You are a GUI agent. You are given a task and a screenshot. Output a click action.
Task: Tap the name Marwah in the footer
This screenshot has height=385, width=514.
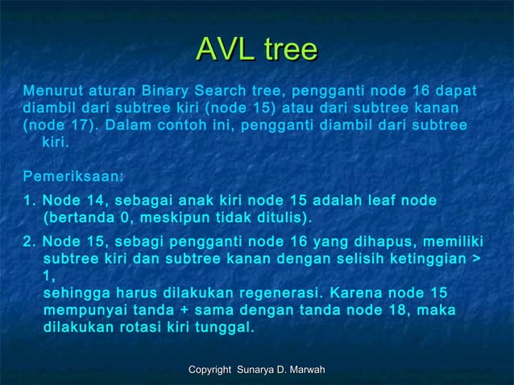(305, 369)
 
